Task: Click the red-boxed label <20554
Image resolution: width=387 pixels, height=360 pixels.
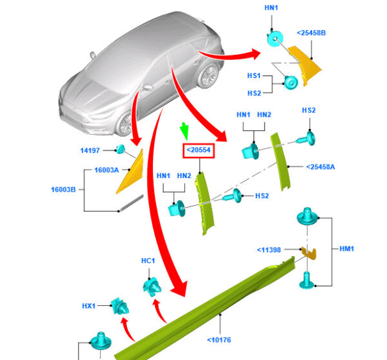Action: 199,151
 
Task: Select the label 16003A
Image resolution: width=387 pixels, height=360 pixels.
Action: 108,170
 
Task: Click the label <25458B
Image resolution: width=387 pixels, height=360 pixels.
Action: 312,32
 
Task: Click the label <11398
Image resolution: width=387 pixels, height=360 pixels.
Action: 268,250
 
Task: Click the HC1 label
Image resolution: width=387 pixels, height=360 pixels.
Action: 148,261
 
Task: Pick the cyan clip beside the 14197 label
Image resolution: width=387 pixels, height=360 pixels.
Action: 121,150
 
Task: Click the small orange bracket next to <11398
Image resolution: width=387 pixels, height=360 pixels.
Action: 309,252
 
